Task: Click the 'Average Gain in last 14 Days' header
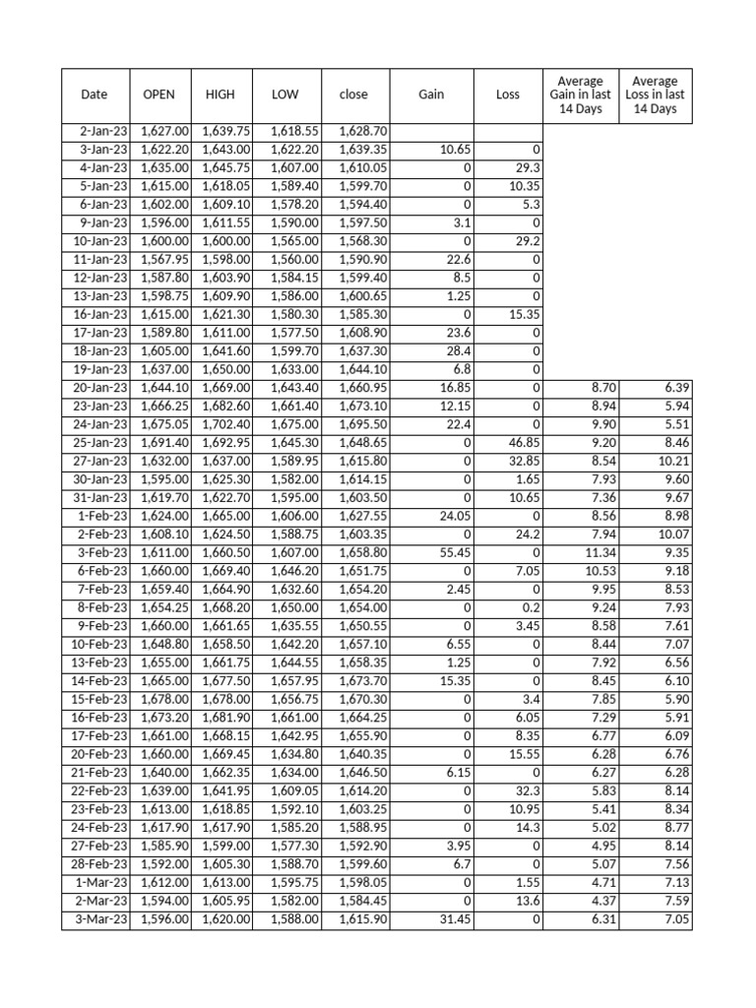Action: (581, 95)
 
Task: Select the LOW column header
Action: (284, 95)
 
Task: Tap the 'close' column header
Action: (353, 95)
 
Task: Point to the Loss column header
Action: (508, 95)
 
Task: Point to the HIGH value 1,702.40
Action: (227, 425)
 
